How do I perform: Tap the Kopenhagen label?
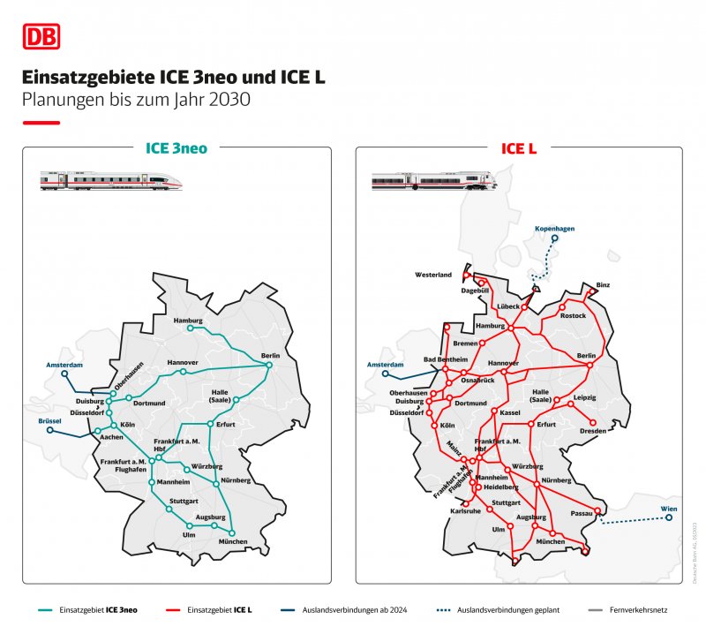coord(554,229)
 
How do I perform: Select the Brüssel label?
coord(50,421)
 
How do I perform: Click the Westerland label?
coord(433,275)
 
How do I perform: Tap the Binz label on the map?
coord(603,284)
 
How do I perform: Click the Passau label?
coord(581,512)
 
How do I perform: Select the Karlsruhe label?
coord(465,511)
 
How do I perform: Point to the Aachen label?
coord(112,437)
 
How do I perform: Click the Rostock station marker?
coord(562,307)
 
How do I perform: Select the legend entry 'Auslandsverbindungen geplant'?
coord(498,609)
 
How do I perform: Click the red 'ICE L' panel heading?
coord(519,148)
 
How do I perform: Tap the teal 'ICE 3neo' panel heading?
coord(176,148)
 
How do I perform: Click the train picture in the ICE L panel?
coord(433,181)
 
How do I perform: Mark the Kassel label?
coord(510,412)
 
